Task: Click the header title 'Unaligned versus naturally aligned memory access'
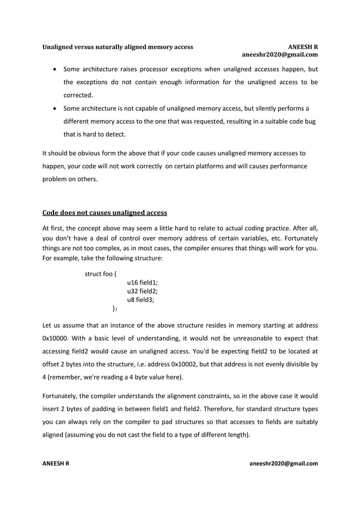click(118, 46)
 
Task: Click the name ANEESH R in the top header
click(302, 46)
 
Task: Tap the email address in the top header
click(279, 55)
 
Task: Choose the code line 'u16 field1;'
click(143, 283)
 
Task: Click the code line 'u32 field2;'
click(143, 291)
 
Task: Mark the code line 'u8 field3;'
click(141, 300)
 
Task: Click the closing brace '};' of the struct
click(115, 308)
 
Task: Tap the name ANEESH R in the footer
click(56, 464)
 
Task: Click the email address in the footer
click(283, 464)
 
